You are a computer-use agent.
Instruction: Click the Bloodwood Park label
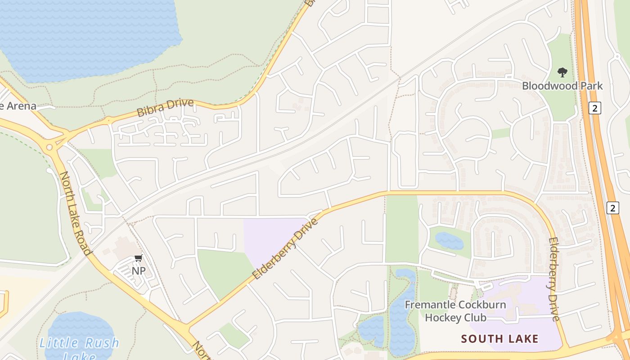click(x=562, y=85)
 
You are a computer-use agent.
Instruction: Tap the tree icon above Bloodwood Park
click(x=562, y=72)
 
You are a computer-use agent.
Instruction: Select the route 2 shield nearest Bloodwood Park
click(x=595, y=108)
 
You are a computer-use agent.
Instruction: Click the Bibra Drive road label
click(x=165, y=108)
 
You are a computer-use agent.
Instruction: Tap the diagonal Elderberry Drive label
click(x=285, y=248)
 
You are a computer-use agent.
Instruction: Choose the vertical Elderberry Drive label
click(x=554, y=279)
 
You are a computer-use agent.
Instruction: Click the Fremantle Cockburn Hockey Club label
click(x=455, y=311)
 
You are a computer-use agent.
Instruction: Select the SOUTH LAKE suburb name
click(x=500, y=338)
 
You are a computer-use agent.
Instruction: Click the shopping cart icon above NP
click(x=138, y=258)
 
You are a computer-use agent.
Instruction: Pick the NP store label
click(x=139, y=271)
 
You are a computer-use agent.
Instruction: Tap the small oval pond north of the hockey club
click(x=449, y=241)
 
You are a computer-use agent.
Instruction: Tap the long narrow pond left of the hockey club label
click(x=401, y=315)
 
